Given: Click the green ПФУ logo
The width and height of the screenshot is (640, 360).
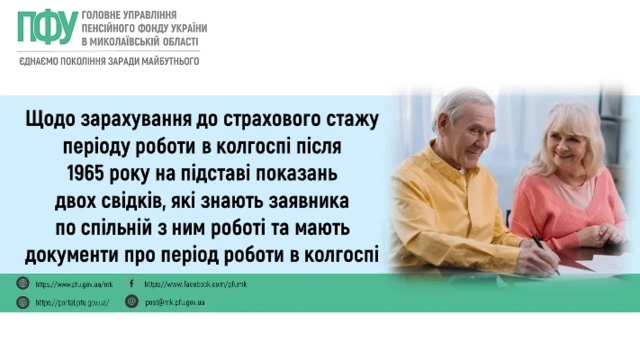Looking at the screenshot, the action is tap(48, 27).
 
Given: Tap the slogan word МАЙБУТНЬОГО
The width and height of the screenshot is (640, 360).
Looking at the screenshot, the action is tap(170, 61).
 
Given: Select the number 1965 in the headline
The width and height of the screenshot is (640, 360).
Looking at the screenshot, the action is tap(85, 174).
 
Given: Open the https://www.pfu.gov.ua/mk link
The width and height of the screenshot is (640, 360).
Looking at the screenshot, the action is tap(74, 284).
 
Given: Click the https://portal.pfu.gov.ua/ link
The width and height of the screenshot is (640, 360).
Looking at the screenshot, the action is tap(72, 303).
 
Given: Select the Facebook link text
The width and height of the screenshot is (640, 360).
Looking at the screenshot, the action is tap(195, 284).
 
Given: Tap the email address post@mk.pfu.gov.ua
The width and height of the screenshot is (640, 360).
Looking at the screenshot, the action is tap(175, 302).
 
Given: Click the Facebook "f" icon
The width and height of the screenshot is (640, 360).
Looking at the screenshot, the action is tap(131, 283).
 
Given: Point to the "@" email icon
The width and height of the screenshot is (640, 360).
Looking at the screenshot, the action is tap(131, 301).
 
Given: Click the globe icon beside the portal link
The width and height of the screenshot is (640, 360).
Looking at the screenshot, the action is tap(23, 302).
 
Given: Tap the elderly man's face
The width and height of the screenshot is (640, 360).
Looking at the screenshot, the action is tap(473, 135).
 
